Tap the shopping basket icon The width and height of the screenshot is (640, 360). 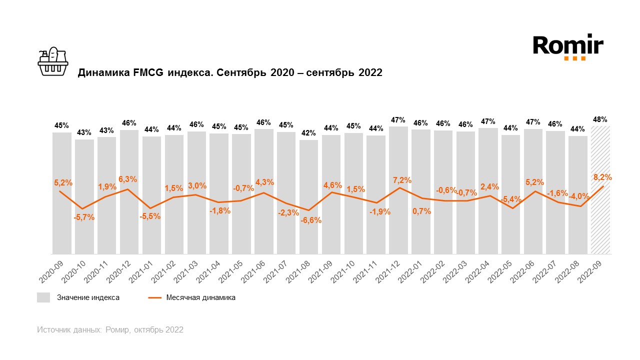(53, 62)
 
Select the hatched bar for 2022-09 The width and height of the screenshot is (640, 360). (600, 190)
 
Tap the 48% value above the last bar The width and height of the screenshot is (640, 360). (600, 119)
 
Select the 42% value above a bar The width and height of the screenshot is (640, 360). (308, 133)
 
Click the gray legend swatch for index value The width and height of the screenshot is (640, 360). (43, 297)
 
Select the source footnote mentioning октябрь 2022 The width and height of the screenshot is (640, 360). (110, 330)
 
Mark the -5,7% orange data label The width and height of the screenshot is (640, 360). (84, 217)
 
